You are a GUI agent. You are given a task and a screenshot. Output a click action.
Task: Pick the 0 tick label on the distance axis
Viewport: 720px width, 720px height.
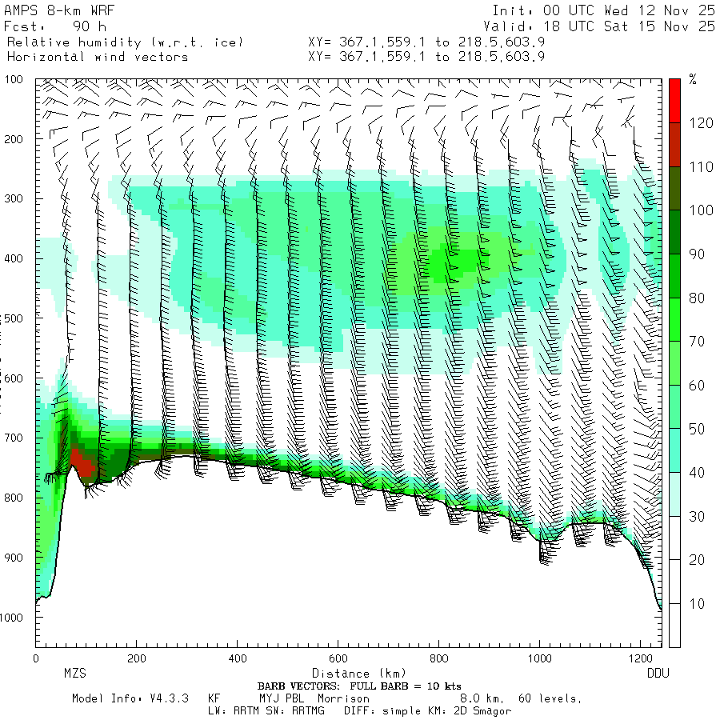36,659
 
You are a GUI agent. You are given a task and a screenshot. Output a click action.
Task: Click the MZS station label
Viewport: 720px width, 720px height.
75,674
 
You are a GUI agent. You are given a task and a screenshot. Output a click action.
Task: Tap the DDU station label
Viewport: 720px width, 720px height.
658,674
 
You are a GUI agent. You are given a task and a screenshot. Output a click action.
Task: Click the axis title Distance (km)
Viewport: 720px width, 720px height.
352,674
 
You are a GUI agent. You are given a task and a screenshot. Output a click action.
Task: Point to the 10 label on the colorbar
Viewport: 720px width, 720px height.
698,603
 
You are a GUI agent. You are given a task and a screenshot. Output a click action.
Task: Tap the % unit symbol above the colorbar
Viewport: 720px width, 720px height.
694,80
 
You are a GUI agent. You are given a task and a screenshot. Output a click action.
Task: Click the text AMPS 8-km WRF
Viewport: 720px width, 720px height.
50,11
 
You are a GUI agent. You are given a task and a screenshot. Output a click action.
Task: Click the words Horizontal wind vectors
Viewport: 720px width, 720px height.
98,57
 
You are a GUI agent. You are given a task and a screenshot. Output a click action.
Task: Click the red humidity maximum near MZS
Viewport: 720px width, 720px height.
82,462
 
